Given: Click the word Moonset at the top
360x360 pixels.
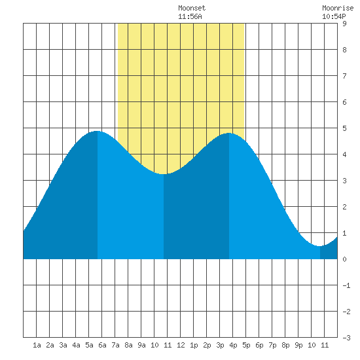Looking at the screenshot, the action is (192, 8).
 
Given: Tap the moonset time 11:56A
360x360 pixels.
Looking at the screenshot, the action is (190, 16).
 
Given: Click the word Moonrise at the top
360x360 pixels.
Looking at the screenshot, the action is (338, 8).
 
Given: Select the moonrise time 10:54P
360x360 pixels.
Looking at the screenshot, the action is (334, 16).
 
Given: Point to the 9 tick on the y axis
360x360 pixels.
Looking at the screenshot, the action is (344, 24).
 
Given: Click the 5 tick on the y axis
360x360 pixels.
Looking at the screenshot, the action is (344, 128).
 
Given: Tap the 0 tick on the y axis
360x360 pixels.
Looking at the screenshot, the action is (344, 259).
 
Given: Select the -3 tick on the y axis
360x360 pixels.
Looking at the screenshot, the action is (346, 338).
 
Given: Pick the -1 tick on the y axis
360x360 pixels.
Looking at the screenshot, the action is (346, 285).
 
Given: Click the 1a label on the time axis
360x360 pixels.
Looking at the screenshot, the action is (37, 345).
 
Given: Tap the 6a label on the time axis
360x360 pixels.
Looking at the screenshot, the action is (102, 345).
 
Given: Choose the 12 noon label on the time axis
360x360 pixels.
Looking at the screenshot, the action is (181, 345).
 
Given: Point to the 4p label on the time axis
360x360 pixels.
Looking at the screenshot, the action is (233, 346).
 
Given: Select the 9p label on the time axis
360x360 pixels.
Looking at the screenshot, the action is (298, 346).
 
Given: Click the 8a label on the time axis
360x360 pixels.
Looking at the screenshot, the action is (128, 345).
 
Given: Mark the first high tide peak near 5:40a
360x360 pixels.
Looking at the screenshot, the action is (98, 131).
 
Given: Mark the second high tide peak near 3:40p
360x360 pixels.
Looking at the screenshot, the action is (229, 133).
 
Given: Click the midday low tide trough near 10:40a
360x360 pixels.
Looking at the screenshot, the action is (164, 174).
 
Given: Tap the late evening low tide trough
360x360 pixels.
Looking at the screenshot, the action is (320, 246).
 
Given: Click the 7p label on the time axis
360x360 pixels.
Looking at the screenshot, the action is (272, 346).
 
